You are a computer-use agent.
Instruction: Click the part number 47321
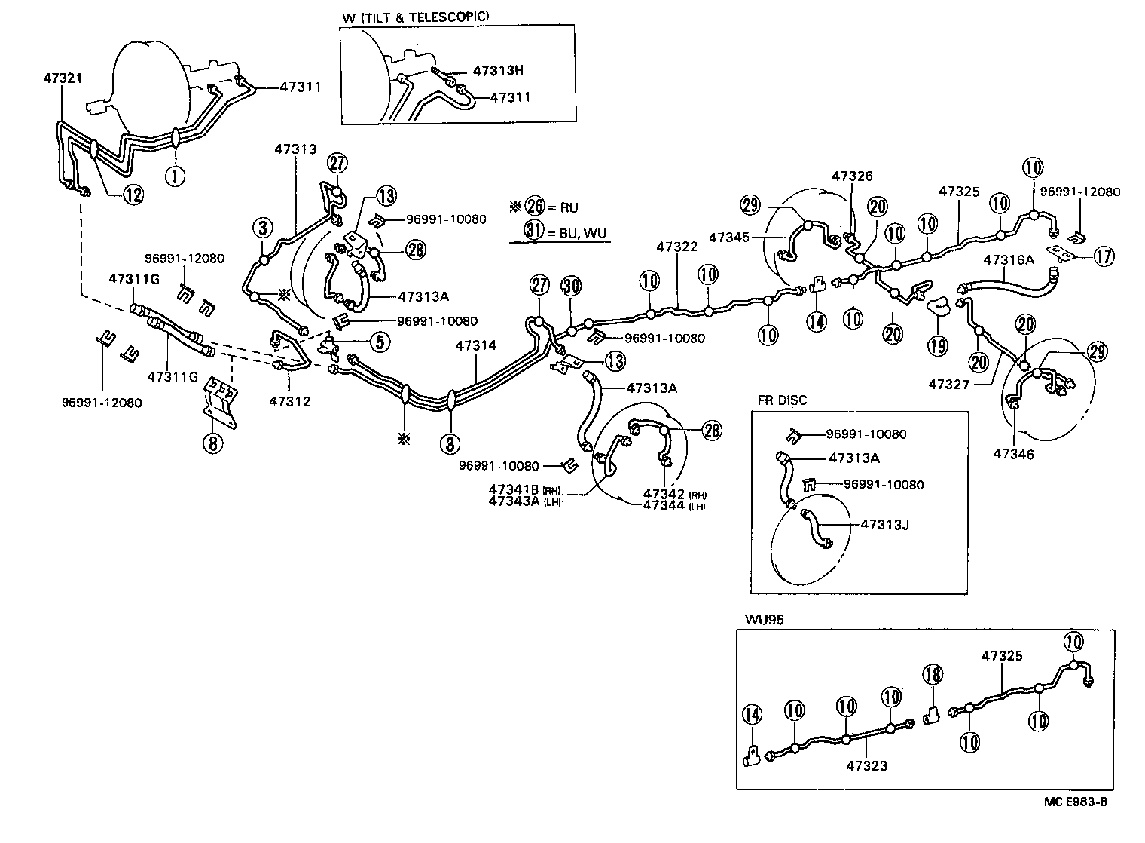pos(63,78)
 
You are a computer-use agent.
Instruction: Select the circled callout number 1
pos(174,176)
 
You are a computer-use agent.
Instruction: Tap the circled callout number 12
pos(133,195)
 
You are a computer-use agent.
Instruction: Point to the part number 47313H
pos(498,71)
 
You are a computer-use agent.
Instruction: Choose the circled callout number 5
pos(380,342)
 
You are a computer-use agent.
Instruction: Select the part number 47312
pos(289,402)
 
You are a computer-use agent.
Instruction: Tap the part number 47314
pos(476,346)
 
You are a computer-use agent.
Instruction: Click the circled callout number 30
pos(572,286)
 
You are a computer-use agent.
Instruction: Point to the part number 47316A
pos(1009,260)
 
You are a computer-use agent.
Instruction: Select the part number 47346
pos(1013,454)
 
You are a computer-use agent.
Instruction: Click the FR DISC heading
pos(782,400)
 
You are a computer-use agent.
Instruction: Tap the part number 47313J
pos(884,526)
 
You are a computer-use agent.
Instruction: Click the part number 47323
pos(866,766)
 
